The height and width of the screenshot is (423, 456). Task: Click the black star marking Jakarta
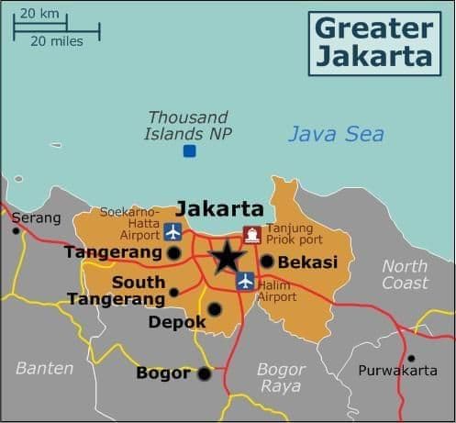226,257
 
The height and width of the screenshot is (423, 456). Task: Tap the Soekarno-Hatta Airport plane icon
173,229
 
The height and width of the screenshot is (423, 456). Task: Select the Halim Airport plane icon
245,281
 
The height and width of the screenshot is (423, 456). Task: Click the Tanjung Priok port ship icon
251,235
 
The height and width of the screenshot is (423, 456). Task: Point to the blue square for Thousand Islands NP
189,150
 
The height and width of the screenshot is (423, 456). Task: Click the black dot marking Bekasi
267,262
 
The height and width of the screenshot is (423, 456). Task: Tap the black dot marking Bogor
204,373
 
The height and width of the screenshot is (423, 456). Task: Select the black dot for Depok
214,309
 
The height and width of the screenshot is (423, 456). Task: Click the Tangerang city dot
174,251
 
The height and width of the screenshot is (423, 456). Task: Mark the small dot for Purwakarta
411,358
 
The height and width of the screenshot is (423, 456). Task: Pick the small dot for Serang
16,230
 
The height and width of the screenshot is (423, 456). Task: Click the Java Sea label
336,134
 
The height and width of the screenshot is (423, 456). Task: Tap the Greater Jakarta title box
373,40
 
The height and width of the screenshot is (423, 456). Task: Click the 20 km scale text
38,13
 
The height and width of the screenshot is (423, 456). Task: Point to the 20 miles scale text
56,40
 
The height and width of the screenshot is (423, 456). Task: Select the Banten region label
44,368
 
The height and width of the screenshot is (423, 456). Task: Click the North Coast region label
405,274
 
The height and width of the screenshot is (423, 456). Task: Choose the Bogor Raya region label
281,377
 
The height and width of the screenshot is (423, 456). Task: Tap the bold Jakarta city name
219,208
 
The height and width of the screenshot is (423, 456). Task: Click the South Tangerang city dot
173,293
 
